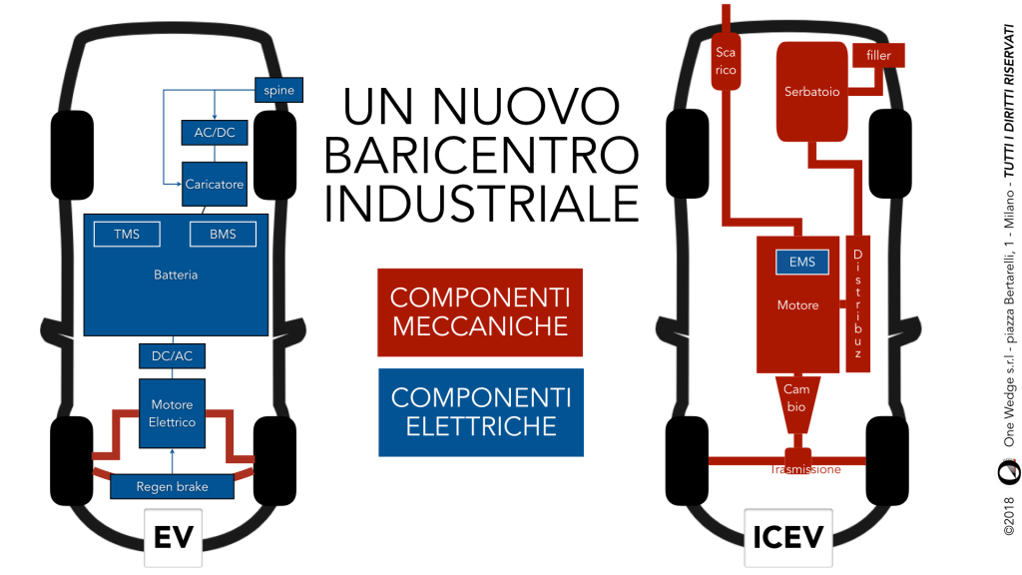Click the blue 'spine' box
tap(279, 91)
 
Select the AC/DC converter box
tap(214, 132)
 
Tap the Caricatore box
tap(214, 184)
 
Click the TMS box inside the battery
tap(126, 235)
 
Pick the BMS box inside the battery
tap(223, 235)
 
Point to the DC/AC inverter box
tap(172, 355)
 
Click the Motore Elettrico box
tap(172, 413)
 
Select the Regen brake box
tap(172, 487)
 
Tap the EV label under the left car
tap(173, 537)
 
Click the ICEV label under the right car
tap(788, 537)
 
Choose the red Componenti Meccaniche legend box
tap(479, 311)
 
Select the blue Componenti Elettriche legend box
tap(479, 411)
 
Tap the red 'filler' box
tap(878, 55)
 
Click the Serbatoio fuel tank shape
tap(811, 92)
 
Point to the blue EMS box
tap(801, 263)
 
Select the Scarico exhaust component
tap(726, 60)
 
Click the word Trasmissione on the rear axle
tap(804, 469)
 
